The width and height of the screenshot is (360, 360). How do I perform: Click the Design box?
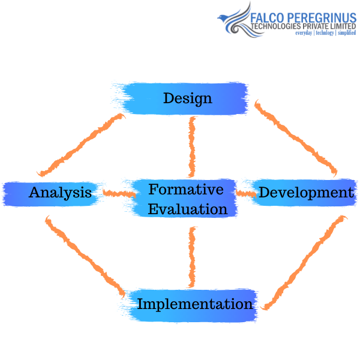pyautogui.click(x=187, y=98)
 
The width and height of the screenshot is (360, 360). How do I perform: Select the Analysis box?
pyautogui.click(x=60, y=193)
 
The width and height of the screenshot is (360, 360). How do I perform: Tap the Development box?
pyautogui.click(x=305, y=193)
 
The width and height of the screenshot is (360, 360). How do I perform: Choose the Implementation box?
pyautogui.click(x=194, y=304)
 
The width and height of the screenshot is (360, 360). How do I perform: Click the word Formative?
pyautogui.click(x=186, y=190)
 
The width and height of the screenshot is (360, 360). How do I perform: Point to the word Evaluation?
pyautogui.click(x=188, y=209)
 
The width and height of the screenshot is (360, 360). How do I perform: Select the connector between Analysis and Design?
pyautogui.click(x=80, y=143)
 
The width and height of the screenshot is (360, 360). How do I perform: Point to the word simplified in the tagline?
pyautogui.click(x=346, y=33)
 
